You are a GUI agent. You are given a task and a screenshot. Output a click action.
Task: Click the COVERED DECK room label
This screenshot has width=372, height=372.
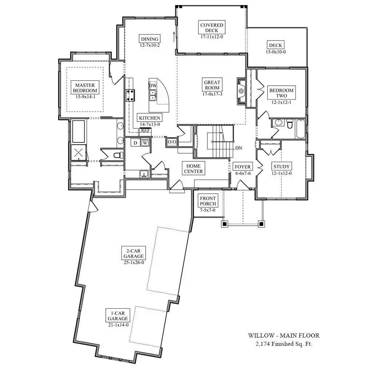212,28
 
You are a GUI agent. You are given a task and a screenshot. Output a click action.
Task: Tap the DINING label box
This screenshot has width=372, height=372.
149,39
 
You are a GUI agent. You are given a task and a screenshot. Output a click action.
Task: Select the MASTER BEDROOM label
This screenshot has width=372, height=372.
85,88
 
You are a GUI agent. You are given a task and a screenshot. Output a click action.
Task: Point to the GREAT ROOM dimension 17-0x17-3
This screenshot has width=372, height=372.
212,94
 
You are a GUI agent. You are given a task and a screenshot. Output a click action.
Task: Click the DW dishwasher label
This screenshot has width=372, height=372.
153,85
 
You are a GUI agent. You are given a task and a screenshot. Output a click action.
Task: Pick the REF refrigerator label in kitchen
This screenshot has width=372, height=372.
145,130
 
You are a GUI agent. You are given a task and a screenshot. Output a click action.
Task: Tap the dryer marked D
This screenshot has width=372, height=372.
135,142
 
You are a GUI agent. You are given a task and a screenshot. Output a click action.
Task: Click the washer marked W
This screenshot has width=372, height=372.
145,143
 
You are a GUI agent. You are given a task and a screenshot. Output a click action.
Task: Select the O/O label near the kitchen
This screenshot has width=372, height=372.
172,142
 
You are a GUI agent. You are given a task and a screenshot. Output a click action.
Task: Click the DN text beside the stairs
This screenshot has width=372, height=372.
239,148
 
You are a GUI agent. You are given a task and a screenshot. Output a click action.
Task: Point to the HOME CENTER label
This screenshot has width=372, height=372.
193,169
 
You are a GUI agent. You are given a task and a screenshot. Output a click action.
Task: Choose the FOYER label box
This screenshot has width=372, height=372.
243,166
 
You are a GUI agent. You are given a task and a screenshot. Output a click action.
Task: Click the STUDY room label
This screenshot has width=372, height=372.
282,166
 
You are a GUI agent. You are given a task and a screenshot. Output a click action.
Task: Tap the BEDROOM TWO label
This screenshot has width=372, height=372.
282,93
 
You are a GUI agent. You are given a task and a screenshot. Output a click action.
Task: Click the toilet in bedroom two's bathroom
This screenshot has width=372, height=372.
290,124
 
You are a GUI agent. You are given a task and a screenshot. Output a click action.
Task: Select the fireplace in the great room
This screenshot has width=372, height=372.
241,90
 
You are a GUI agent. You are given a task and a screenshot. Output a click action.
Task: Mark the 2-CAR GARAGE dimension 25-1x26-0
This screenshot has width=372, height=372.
134,263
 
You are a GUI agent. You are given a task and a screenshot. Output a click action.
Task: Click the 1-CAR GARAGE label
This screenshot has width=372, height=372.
118,316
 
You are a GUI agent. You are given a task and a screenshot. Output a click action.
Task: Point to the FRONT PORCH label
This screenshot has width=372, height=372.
208,201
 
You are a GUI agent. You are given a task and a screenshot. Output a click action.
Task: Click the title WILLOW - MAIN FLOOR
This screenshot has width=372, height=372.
284,335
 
